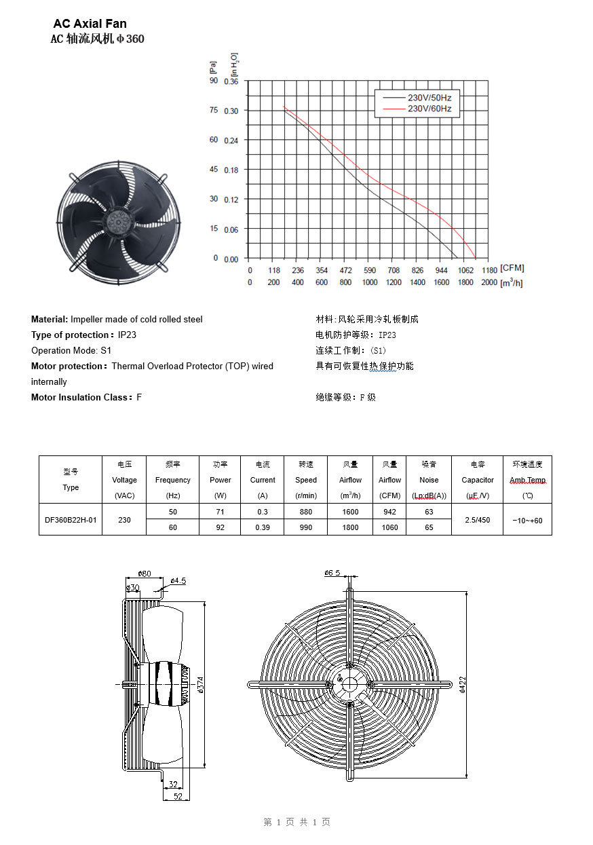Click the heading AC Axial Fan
click(x=90, y=24)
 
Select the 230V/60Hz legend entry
click(x=429, y=109)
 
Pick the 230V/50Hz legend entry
click(x=429, y=98)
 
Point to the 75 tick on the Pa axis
click(x=214, y=110)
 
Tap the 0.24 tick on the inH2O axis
click(x=231, y=140)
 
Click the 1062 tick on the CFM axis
click(x=465, y=270)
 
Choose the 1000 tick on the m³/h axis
click(x=369, y=282)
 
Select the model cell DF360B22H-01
click(x=71, y=520)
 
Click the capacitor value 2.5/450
click(x=478, y=520)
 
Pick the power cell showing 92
click(x=220, y=527)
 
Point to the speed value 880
click(x=306, y=512)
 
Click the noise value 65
click(x=429, y=527)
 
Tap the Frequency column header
click(x=173, y=480)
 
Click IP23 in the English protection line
click(x=128, y=335)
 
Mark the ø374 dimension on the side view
click(x=202, y=685)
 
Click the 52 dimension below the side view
click(x=177, y=796)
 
